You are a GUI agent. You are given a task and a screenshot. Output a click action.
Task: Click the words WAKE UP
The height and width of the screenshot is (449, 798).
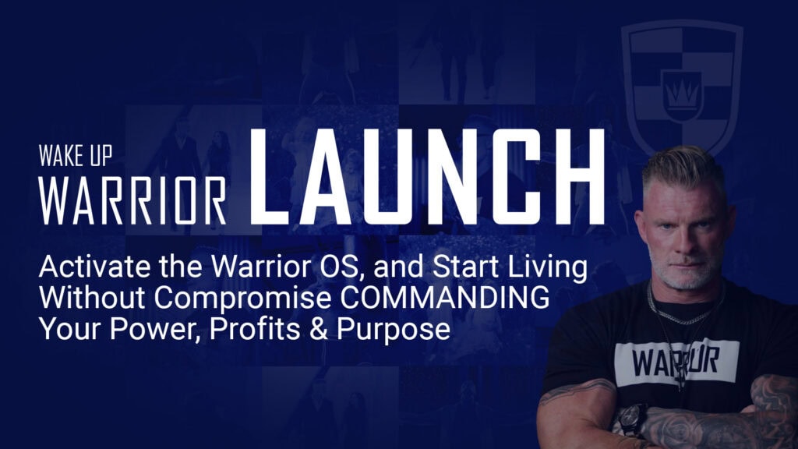coord(76,156)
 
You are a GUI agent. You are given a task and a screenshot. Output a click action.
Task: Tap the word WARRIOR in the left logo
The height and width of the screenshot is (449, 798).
coord(132,201)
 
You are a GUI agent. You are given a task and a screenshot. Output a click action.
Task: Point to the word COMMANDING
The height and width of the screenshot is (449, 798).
coord(445,298)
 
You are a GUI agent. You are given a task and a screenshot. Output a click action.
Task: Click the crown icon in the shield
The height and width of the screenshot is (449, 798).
coord(682,94)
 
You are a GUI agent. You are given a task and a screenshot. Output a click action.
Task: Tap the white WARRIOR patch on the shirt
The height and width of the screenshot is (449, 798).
coord(676,363)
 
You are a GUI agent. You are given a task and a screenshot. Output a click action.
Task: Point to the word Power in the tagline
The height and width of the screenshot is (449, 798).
coord(155,329)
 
